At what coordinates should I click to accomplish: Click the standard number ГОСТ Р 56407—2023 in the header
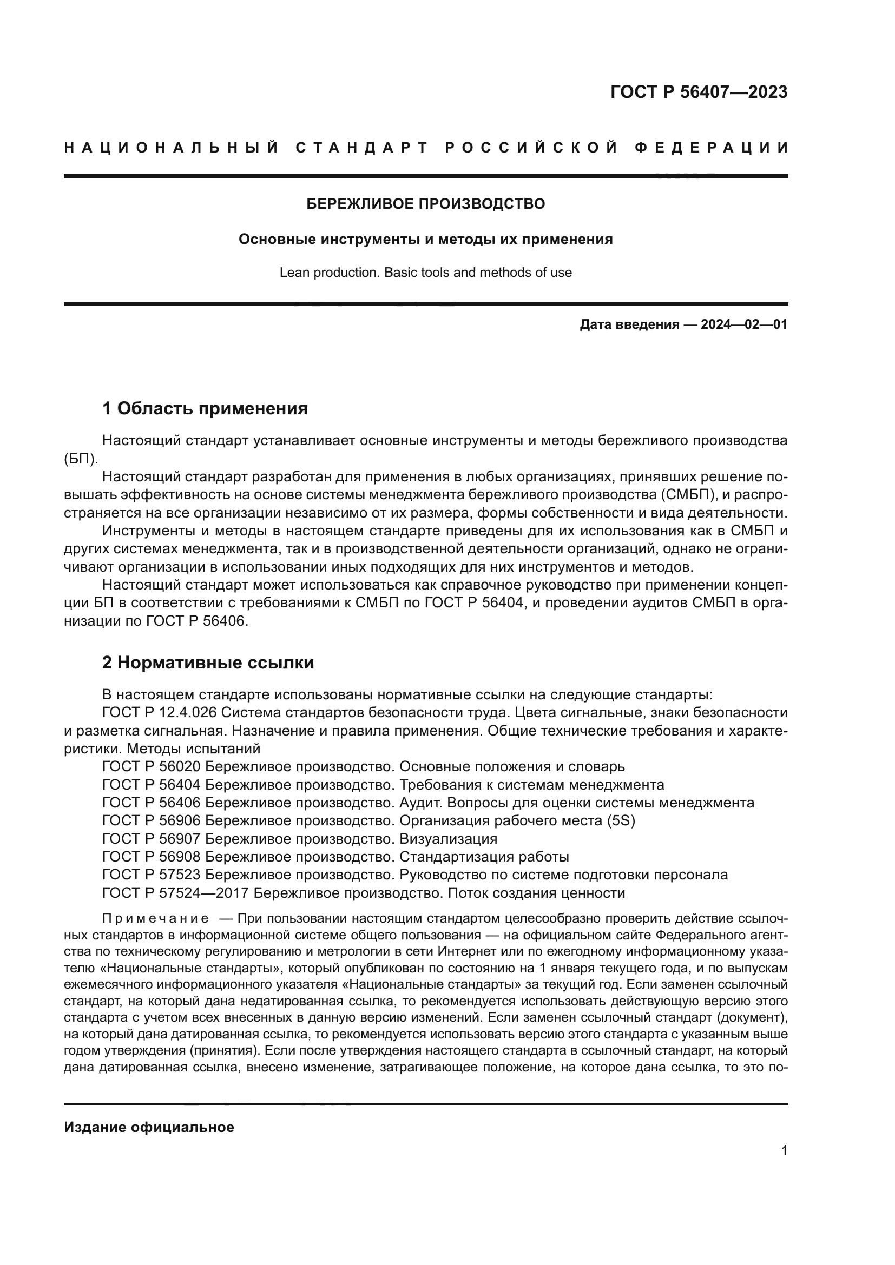[698, 92]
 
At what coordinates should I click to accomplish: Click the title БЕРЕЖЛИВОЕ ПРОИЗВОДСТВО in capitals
[425, 204]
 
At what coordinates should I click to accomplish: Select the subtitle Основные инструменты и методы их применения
[425, 240]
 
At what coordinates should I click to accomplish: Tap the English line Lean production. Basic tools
[425, 272]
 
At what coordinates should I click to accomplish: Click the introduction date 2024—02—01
[744, 324]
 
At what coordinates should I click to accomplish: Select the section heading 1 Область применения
[205, 409]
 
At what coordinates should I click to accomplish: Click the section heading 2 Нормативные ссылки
[208, 663]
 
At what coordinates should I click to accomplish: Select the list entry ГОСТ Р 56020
[152, 766]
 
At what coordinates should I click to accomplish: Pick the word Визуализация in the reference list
[448, 839]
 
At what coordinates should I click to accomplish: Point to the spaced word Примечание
[155, 918]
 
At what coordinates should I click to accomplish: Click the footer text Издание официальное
[149, 1127]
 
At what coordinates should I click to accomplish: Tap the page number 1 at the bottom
[784, 1151]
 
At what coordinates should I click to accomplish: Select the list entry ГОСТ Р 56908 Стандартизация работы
[336, 857]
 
